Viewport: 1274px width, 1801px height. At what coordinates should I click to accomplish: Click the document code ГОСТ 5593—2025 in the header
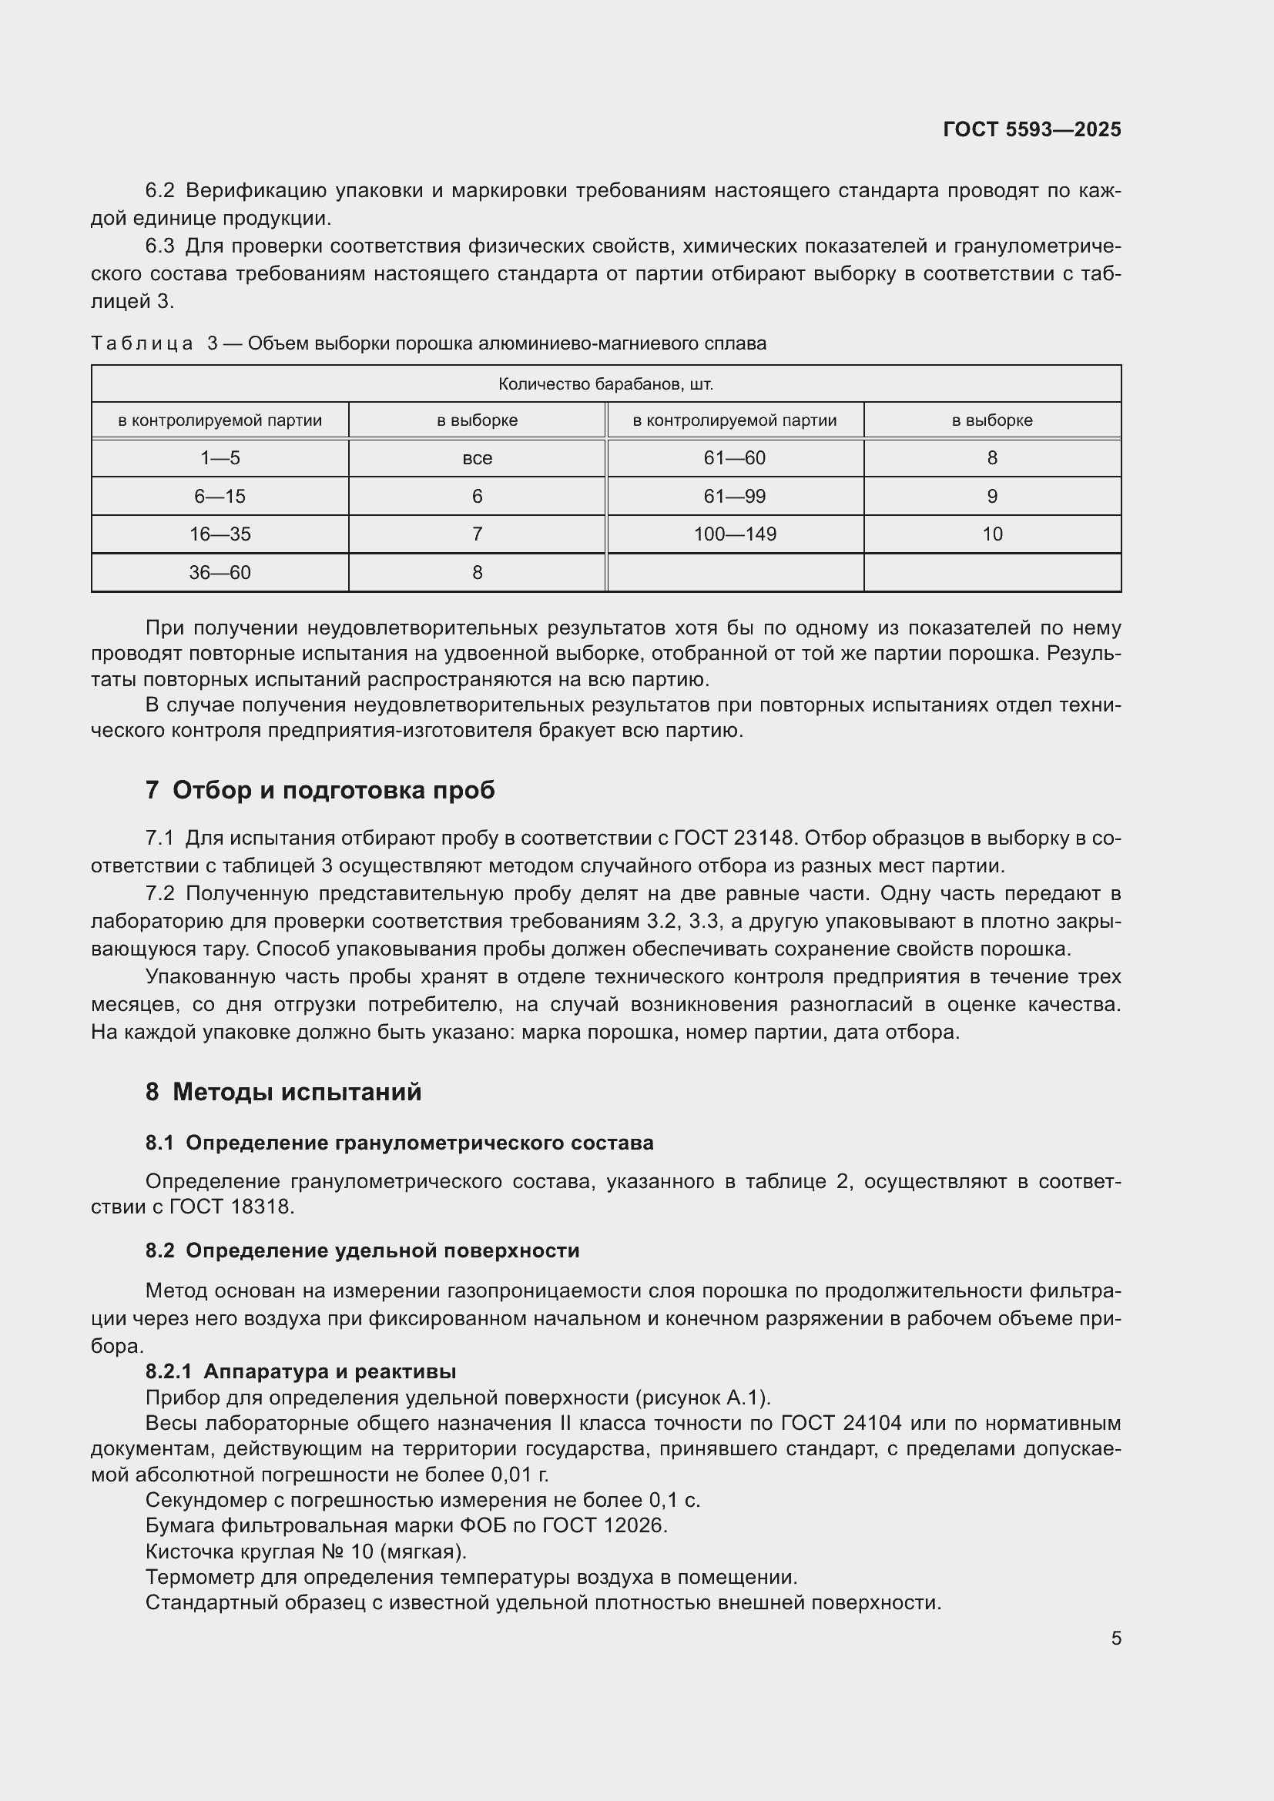pos(1031,130)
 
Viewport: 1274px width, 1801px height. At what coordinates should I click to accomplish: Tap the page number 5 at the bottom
pos(1115,1638)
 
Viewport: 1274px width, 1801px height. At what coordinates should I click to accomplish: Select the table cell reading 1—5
pos(220,458)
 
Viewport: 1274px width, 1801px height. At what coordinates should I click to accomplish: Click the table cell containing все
pos(477,458)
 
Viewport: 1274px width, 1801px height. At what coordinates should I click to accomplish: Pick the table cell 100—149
pos(735,534)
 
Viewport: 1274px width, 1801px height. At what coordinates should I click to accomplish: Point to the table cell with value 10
pos(991,534)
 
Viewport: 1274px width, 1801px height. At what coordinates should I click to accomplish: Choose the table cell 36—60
pos(220,573)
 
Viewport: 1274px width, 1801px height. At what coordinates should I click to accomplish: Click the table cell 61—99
pos(735,497)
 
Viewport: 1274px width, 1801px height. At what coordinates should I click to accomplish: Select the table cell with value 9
pos(991,497)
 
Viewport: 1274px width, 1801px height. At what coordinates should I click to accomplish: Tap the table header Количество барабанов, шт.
pos(605,384)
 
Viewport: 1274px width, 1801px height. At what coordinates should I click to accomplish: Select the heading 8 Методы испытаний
pos(283,1091)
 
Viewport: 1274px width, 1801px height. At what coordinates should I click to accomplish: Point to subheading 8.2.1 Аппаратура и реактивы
pos(300,1371)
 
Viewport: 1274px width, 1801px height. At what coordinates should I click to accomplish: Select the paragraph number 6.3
pos(159,246)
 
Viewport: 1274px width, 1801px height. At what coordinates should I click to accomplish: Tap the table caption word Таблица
pos(142,343)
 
